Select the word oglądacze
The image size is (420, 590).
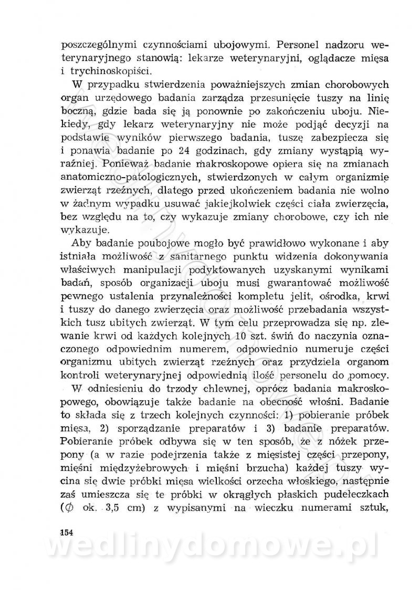(x=307, y=56)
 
